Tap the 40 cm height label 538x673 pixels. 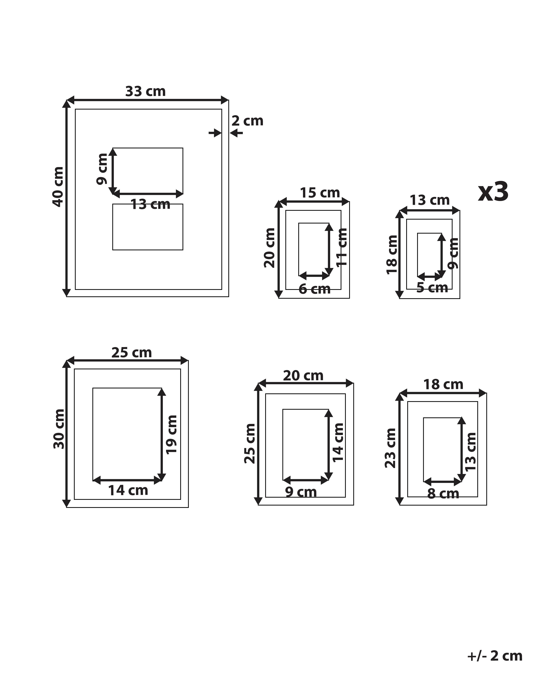[58, 187]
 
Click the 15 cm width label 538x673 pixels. [320, 193]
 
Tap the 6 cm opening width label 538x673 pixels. [314, 289]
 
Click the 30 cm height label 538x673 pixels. [59, 429]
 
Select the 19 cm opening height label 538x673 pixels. [171, 434]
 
